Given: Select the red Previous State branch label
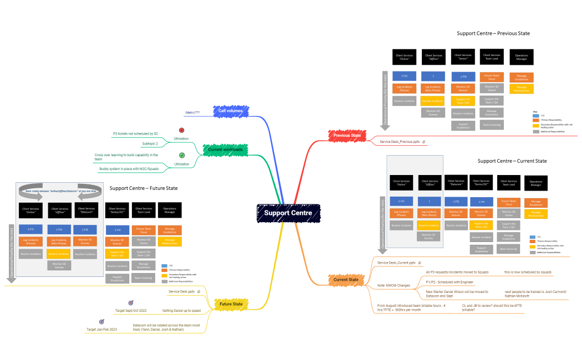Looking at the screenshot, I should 347,135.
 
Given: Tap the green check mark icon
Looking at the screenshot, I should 181,156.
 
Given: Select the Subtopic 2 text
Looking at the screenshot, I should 150,143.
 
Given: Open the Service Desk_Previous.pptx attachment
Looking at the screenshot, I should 400,142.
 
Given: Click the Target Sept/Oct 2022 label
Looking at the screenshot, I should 131,311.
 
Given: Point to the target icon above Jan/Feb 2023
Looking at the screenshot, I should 101,321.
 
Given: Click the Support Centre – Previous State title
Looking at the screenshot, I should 493,33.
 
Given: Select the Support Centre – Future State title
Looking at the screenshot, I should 143,188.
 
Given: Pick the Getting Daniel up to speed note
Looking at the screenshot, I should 181,311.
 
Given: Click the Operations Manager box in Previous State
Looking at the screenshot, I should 520,57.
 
